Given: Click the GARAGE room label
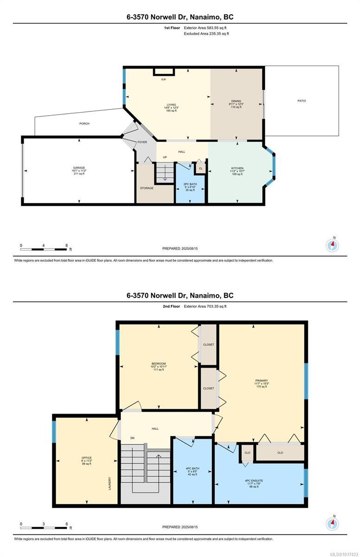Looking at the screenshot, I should [x=79, y=168].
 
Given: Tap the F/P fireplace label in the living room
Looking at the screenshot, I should [x=163, y=80].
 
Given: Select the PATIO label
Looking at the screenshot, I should [x=302, y=101].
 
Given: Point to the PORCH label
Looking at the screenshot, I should [x=84, y=123].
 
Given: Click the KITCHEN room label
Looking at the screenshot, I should [x=237, y=168].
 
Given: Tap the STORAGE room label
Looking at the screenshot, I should [x=147, y=188].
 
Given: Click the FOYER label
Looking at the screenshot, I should [x=142, y=142].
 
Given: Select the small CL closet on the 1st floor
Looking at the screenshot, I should [x=200, y=168].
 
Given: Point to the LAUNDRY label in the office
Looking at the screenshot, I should [x=110, y=484].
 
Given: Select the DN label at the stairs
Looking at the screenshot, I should [x=132, y=438].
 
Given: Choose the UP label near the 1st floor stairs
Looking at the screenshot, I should [x=165, y=157].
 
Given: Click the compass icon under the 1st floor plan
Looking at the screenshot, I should [x=332, y=245].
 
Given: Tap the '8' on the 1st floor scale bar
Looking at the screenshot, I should [x=66, y=246].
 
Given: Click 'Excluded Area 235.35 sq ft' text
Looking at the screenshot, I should [x=206, y=33].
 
